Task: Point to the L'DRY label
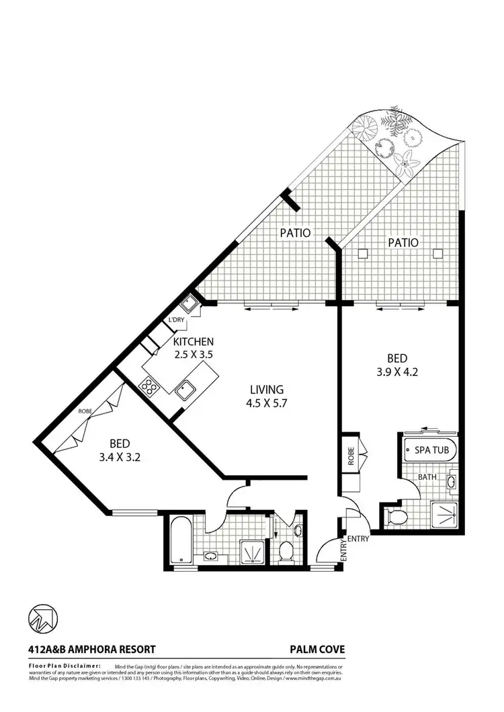pyautogui.click(x=176, y=320)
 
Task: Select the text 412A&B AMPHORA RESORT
pyautogui.click(x=92, y=649)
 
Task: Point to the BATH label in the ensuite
pyautogui.click(x=428, y=477)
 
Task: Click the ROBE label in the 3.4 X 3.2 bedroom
pyautogui.click(x=85, y=411)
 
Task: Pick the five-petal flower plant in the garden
pyautogui.click(x=405, y=160)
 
